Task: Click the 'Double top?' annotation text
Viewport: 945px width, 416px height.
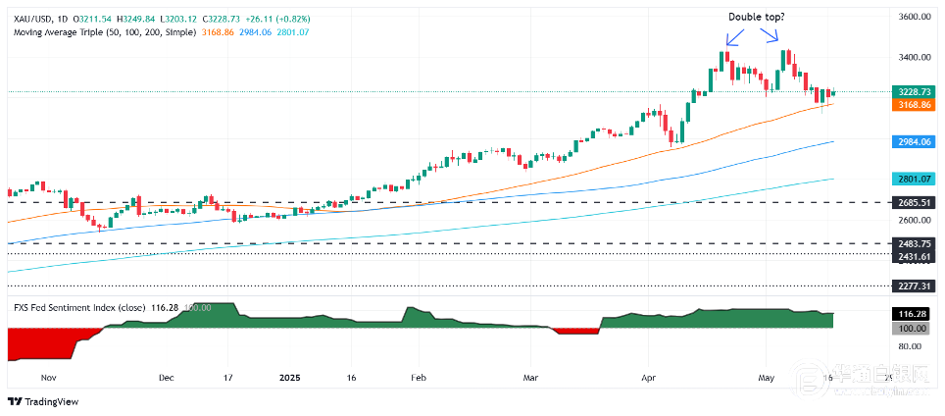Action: [x=756, y=17]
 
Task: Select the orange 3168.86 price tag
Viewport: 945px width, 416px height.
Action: [x=913, y=103]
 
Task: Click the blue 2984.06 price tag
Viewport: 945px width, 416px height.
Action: [x=913, y=141]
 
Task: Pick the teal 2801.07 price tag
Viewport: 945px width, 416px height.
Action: [x=913, y=179]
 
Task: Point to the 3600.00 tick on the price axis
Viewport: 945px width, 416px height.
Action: [x=913, y=18]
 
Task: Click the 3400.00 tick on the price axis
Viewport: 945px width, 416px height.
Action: [x=913, y=57]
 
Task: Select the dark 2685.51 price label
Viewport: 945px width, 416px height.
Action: [x=913, y=202]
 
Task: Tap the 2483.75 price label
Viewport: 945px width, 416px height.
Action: [x=913, y=243]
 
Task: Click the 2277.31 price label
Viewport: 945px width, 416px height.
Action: [x=913, y=286]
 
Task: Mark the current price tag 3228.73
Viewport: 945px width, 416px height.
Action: [x=913, y=91]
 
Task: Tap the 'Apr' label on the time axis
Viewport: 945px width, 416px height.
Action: [x=648, y=376]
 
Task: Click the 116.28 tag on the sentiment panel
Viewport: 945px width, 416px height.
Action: [x=913, y=313]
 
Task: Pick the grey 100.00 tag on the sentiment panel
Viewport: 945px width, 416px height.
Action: [x=913, y=328]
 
